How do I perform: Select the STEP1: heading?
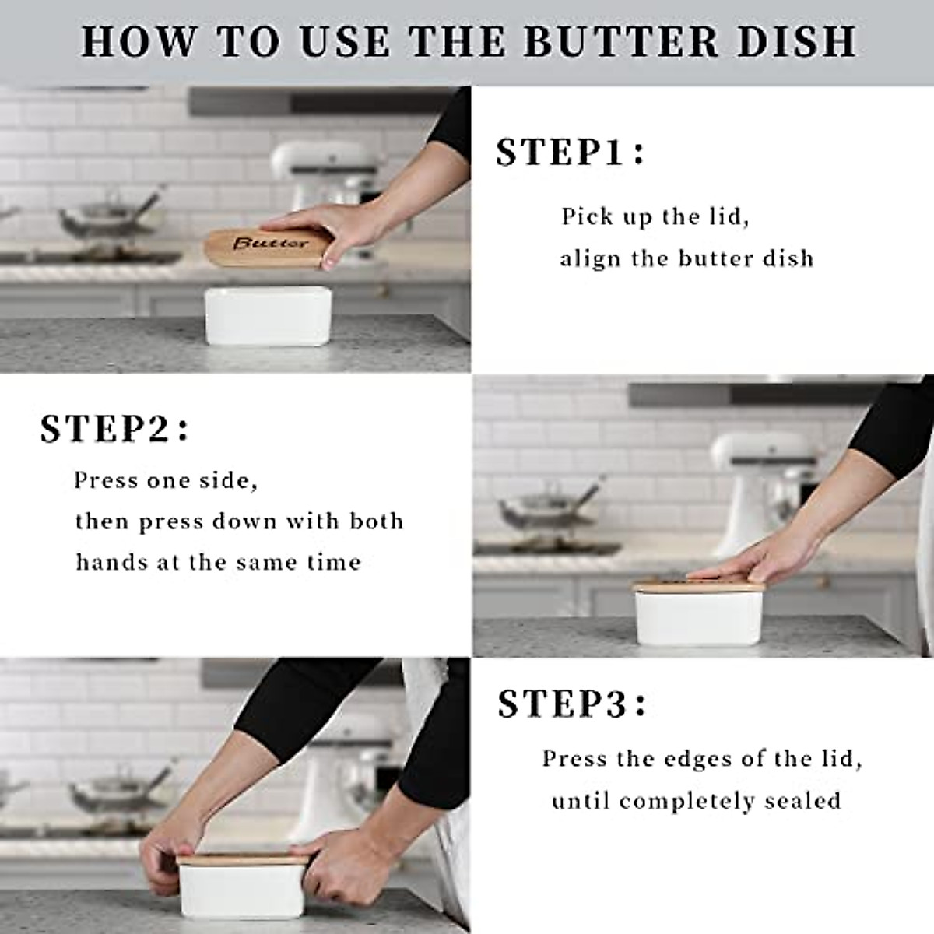pyautogui.click(x=571, y=153)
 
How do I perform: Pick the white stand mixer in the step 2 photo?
pyautogui.click(x=751, y=483)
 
